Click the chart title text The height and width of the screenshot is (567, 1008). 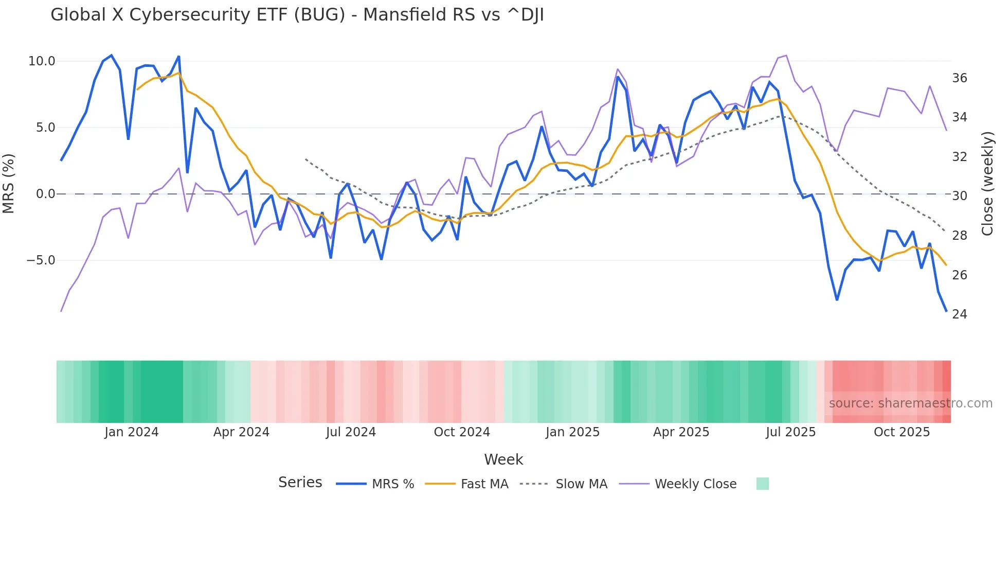297,15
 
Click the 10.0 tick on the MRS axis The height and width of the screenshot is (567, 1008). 41,61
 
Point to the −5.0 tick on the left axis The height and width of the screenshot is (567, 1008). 40,260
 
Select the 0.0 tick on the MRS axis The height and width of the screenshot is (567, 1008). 45,194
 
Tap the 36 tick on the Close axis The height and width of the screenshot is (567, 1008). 960,78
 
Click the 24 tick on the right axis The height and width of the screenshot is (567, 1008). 960,314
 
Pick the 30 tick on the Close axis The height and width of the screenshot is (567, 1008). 960,196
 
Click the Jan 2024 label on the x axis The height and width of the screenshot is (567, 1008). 131,432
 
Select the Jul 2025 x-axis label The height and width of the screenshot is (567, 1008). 790,432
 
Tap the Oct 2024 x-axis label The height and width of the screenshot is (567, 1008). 462,432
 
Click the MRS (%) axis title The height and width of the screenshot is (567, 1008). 9,183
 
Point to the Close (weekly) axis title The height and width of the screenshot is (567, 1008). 987,184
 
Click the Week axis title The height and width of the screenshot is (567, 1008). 503,459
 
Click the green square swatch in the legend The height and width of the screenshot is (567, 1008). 763,484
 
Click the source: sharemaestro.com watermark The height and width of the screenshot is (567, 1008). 910,403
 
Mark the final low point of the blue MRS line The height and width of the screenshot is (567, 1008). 946,311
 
